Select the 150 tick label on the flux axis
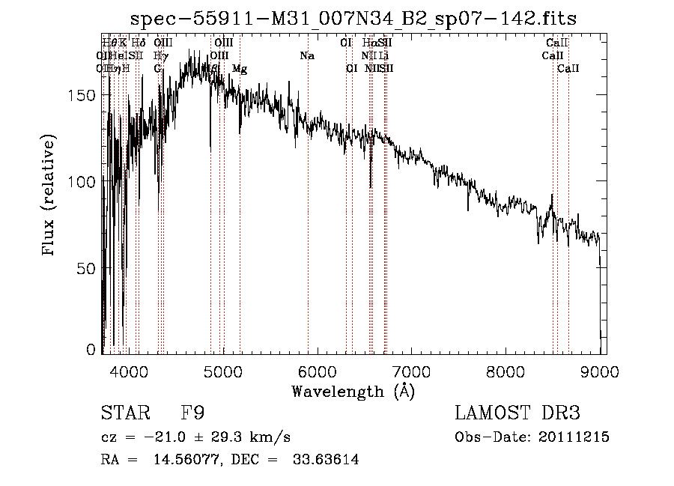[86, 95]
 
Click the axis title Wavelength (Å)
[353, 391]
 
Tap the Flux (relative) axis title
[50, 197]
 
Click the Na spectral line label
[307, 56]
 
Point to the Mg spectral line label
[240, 69]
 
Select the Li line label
[383, 56]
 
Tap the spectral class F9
[192, 413]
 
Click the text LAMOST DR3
[517, 413]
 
